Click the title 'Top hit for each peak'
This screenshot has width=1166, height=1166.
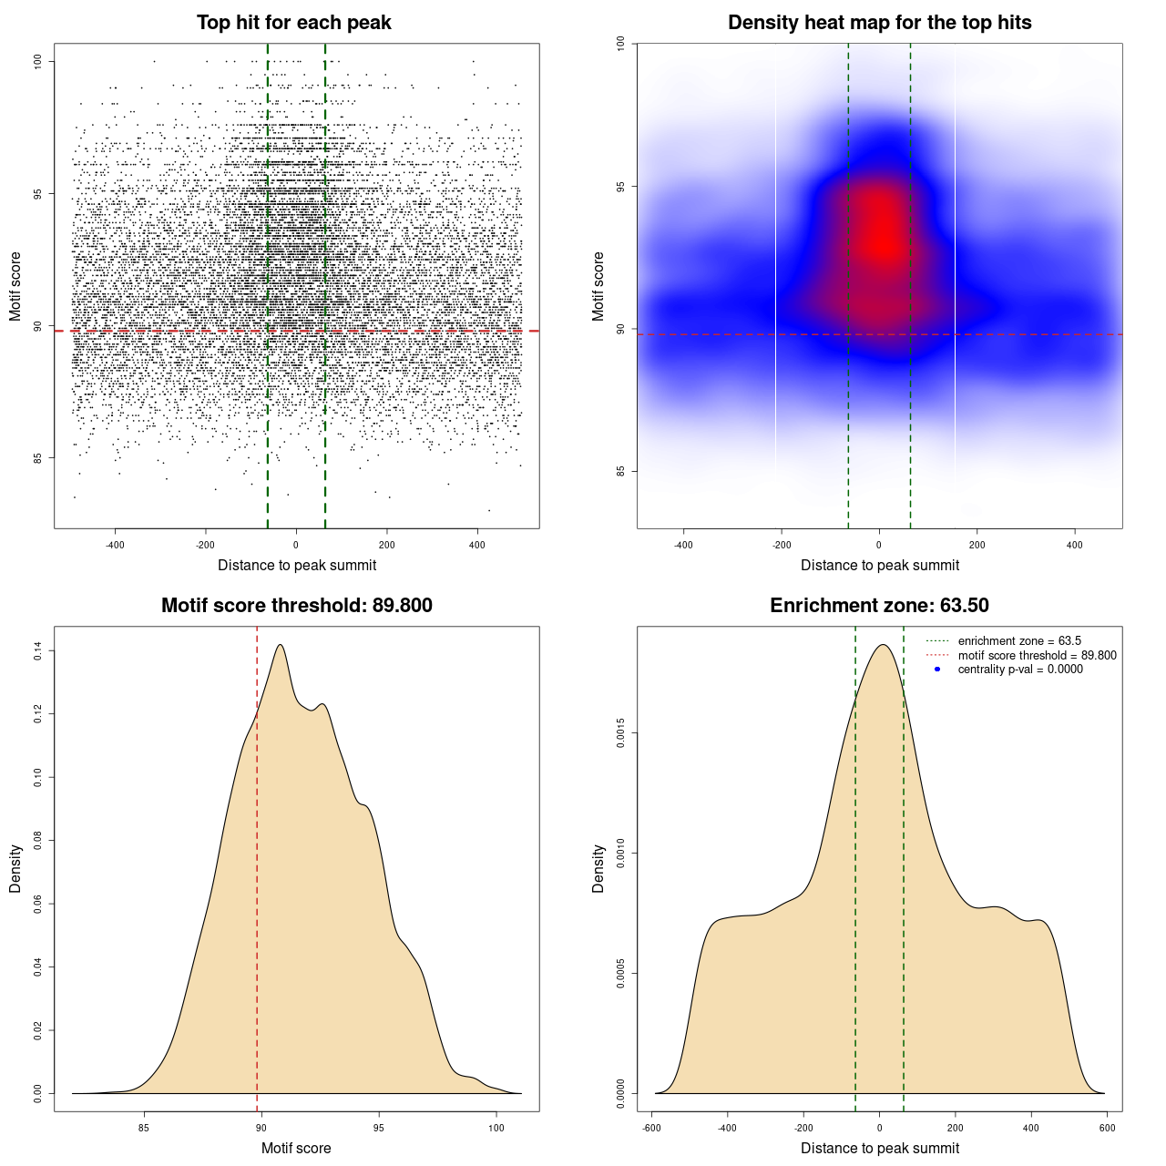293,23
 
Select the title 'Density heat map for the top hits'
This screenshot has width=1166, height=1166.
879,23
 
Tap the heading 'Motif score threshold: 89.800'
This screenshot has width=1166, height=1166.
296,606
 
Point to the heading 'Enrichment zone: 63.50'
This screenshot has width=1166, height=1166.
879,606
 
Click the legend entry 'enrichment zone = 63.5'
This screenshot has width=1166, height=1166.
1019,641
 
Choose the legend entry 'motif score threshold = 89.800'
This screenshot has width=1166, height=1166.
1037,655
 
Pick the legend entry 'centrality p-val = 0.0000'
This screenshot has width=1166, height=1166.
1020,669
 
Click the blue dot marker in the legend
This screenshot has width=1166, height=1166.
937,669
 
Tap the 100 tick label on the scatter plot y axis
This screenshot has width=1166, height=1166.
38,61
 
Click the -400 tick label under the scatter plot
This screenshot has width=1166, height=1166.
115,545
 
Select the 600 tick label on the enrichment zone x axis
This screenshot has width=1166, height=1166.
1107,1128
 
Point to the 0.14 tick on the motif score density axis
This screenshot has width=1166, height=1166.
38,650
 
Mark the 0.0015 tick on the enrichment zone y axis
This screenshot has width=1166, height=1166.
621,733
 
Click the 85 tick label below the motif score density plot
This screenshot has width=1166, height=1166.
143,1128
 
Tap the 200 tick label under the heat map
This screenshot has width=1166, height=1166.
977,545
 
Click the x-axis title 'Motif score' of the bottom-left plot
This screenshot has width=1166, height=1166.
296,1148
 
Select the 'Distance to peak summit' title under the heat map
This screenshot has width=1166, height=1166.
879,565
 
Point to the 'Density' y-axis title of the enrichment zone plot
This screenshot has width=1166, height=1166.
598,868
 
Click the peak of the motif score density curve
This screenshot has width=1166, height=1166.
281,645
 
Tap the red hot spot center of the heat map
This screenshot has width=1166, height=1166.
881,241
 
